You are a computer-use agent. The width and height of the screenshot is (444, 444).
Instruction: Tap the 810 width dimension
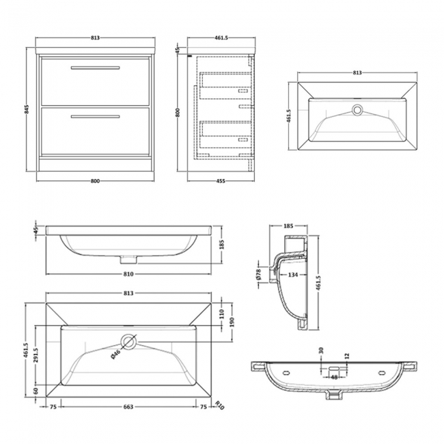point(128,273)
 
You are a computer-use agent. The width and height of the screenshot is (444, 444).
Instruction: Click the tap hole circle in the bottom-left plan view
point(128,340)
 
